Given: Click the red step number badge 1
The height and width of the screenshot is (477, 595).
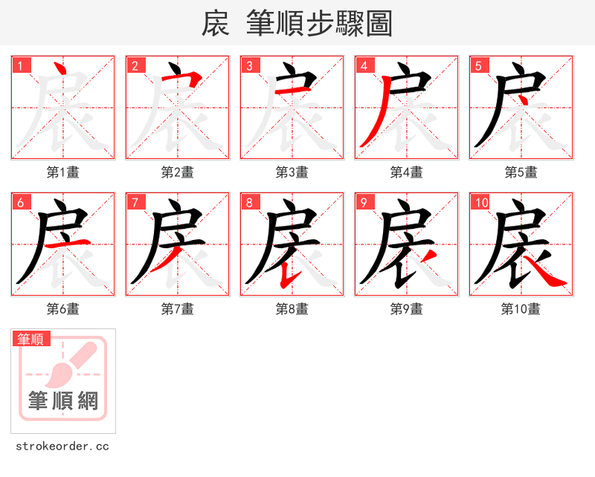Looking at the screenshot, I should pyautogui.click(x=22, y=65).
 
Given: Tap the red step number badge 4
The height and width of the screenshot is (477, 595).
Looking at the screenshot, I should pyautogui.click(x=364, y=65).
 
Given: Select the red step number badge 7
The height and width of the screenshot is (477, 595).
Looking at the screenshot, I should pyautogui.click(x=135, y=202).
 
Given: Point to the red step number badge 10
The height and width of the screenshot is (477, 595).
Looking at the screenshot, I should pyautogui.click(x=481, y=202).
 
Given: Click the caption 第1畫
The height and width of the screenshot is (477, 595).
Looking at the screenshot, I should pyautogui.click(x=62, y=172).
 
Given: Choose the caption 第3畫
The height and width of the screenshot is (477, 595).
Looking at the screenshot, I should pyautogui.click(x=292, y=172).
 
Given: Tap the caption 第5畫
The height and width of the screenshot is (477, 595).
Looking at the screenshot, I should pyautogui.click(x=521, y=172).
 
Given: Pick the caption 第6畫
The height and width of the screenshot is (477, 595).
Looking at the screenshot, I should pyautogui.click(x=62, y=309).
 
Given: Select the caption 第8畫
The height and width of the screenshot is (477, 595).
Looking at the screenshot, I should pyautogui.click(x=292, y=309).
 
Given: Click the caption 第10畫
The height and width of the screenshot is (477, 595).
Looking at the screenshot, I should pyautogui.click(x=521, y=309).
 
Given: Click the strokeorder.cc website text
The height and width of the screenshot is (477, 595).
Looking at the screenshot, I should pyautogui.click(x=62, y=447).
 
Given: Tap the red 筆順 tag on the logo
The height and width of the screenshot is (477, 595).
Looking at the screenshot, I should pyautogui.click(x=31, y=339).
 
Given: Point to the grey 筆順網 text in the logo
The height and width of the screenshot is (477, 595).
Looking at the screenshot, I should pyautogui.click(x=63, y=401).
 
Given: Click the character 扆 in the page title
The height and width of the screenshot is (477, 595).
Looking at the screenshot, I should pyautogui.click(x=216, y=24).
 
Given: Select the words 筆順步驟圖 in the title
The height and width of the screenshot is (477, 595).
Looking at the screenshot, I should pyautogui.click(x=319, y=24).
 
